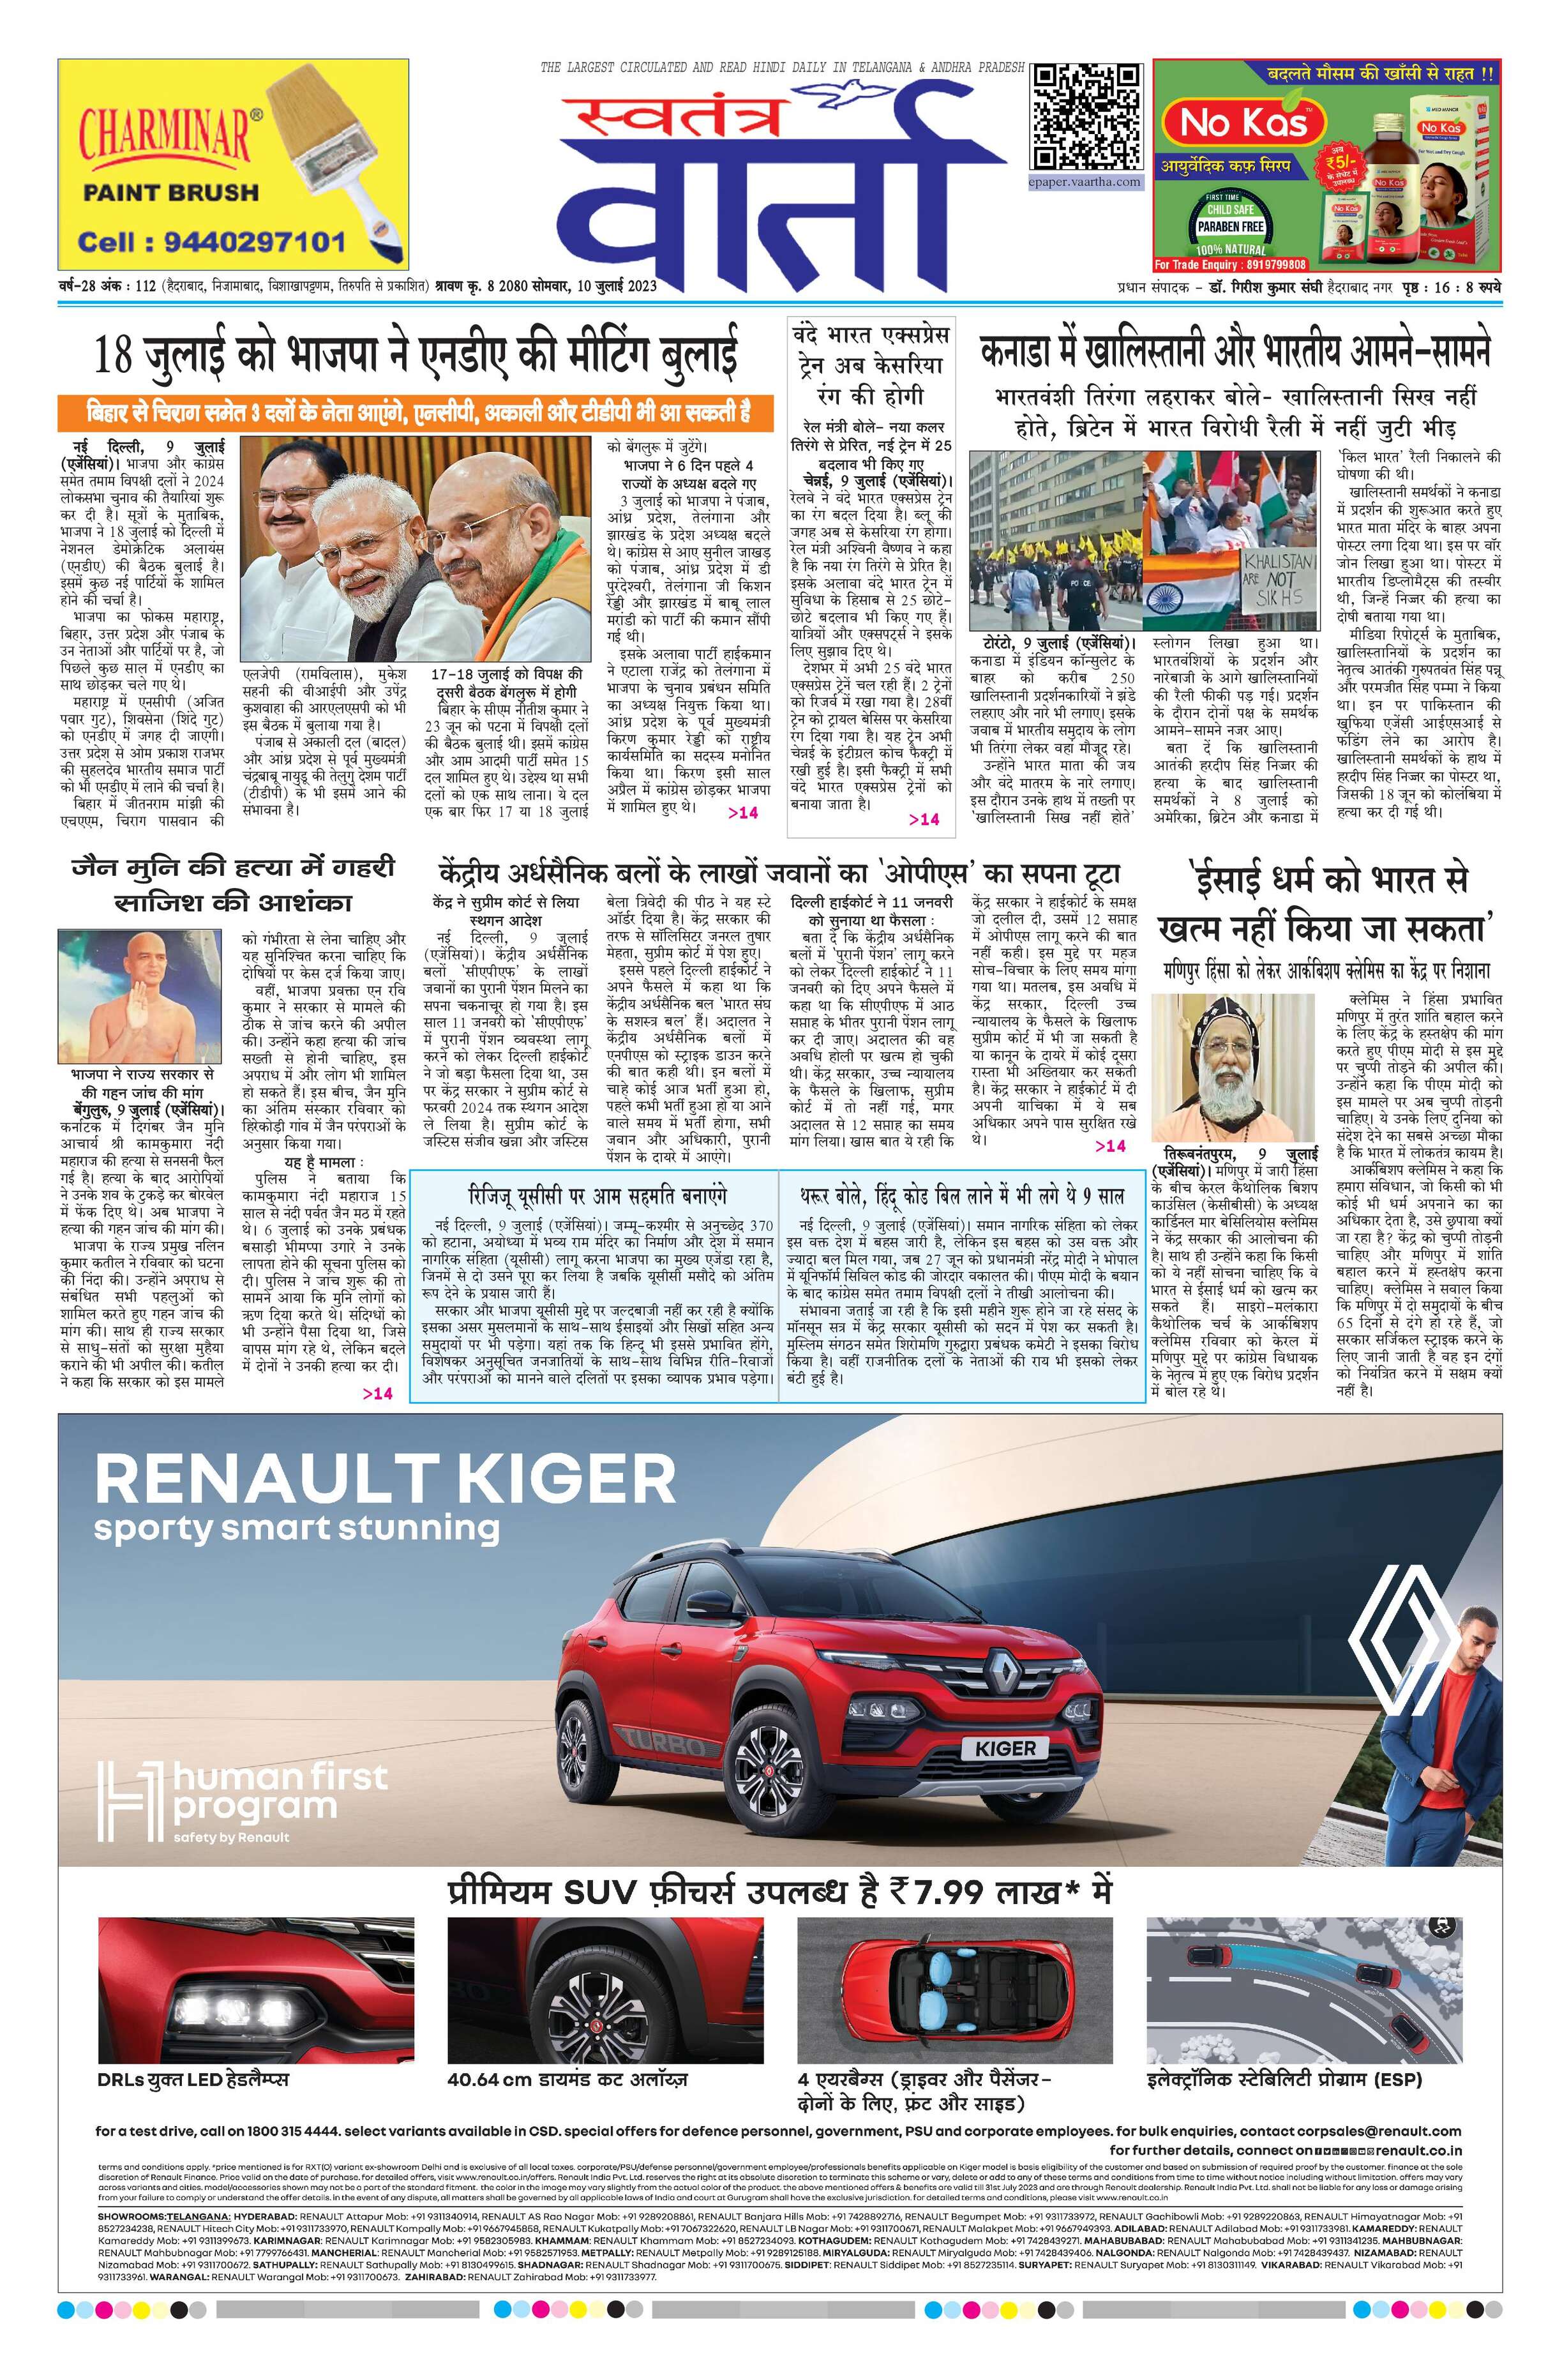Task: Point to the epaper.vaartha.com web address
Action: coord(1086,182)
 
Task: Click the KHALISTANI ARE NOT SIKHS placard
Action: coord(1279,577)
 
